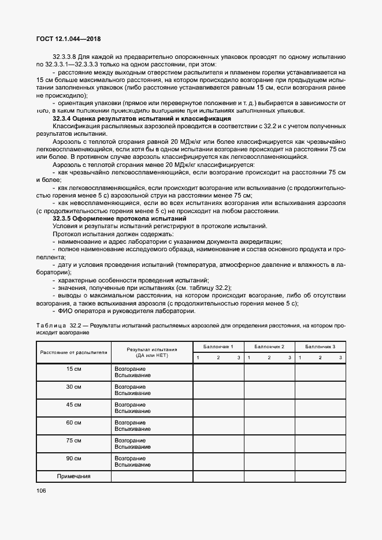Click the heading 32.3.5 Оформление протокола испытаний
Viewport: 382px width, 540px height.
[120, 219]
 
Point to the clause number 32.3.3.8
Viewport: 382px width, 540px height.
[65, 57]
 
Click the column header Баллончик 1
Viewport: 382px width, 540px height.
[218, 346]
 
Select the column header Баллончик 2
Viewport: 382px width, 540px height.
[269, 346]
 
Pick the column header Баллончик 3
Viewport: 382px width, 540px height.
[320, 346]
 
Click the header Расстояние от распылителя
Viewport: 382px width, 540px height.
[73, 352]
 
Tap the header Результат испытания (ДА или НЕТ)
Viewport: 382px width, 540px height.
[151, 352]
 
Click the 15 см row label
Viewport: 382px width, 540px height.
[73, 368]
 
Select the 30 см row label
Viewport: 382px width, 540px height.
[73, 386]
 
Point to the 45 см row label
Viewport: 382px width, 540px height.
[73, 404]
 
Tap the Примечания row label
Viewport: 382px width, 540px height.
[73, 476]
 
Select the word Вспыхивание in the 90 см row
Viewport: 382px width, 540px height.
[132, 464]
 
